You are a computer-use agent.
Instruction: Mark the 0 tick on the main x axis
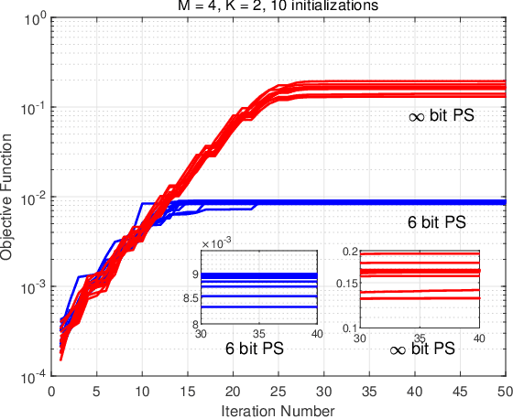52,391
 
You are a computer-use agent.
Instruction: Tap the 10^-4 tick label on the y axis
31,377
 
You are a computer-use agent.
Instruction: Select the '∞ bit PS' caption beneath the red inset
422,350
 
